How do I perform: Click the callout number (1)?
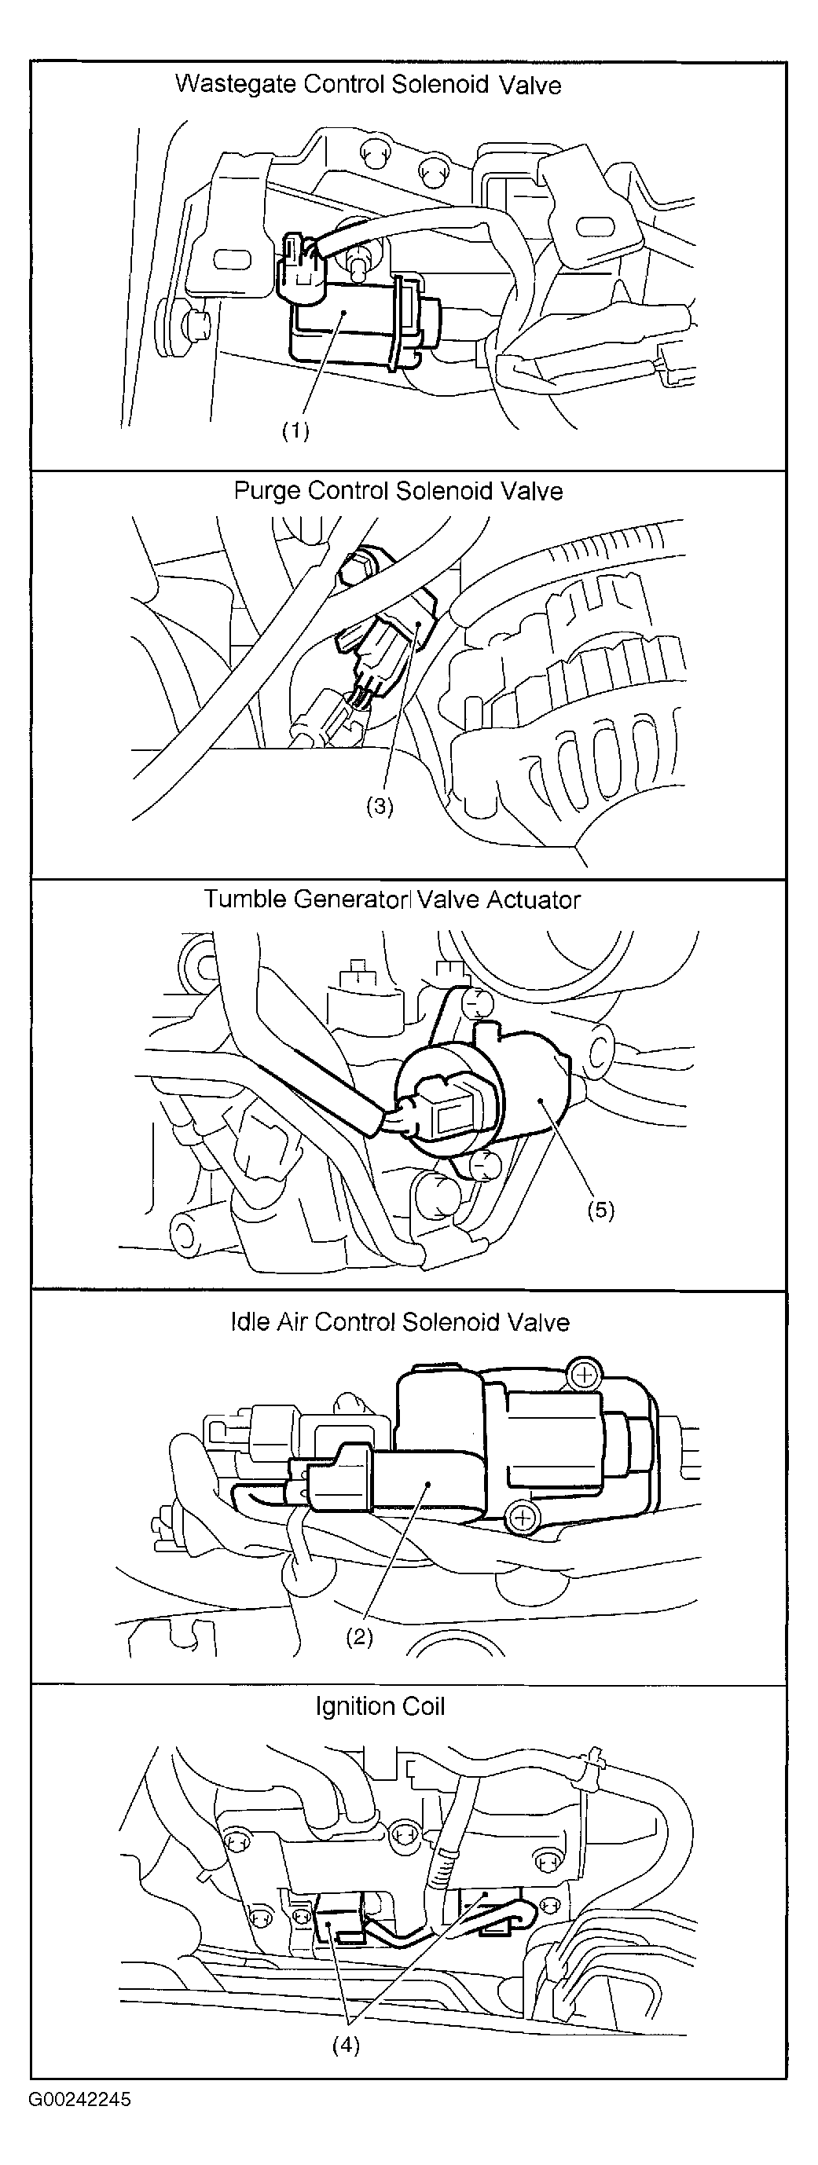[x=295, y=430]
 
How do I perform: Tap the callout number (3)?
[x=380, y=806]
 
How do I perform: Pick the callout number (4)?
[x=346, y=2046]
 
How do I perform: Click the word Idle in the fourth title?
[x=248, y=1322]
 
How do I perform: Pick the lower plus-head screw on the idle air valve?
[x=522, y=1516]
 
